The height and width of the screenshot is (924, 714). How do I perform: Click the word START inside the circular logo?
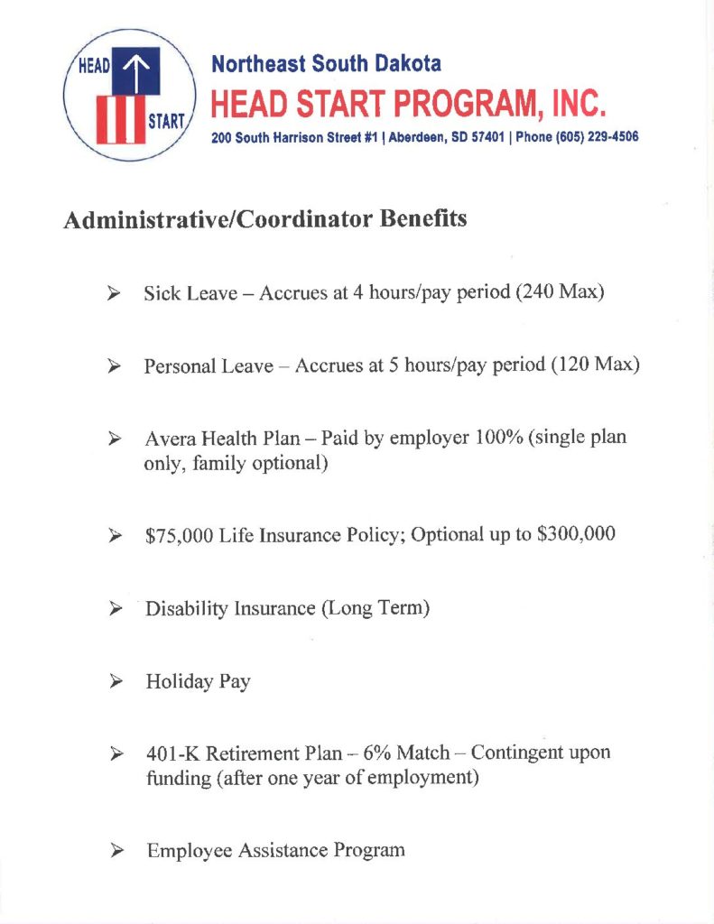[164, 122]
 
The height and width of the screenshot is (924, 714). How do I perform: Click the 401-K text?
[173, 753]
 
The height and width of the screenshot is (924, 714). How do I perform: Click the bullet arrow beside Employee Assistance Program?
[116, 850]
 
